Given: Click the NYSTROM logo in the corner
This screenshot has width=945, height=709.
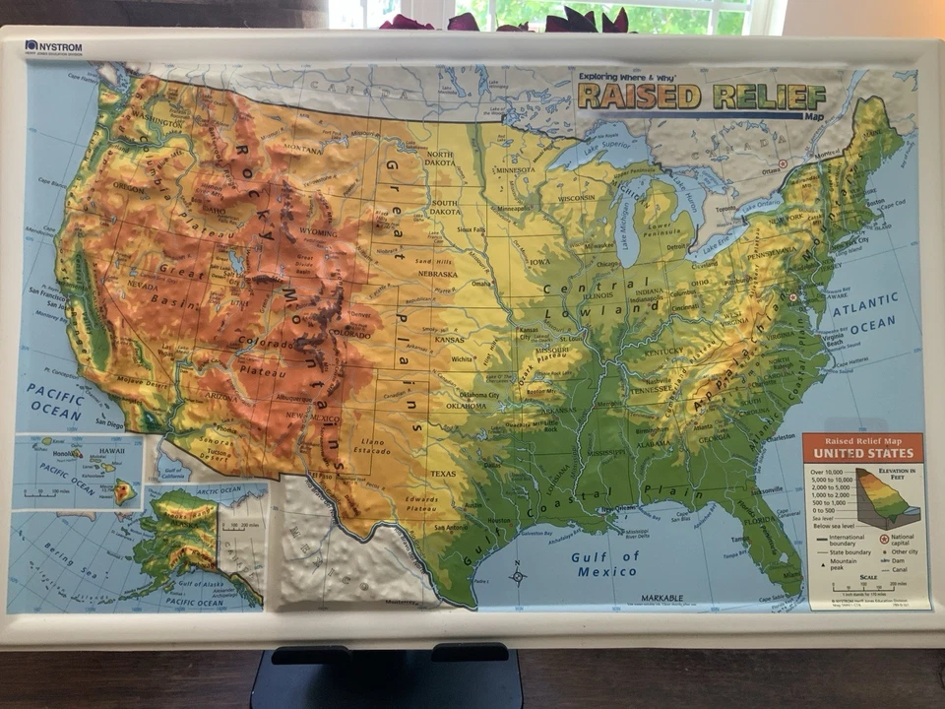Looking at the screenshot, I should coord(53,46).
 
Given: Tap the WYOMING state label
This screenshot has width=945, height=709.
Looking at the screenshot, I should coord(318,232).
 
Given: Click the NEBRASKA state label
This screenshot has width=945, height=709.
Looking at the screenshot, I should coord(437,274).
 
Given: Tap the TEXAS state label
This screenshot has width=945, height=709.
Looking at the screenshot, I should coord(443,474).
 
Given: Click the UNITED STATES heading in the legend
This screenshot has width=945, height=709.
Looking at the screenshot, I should coord(862,454).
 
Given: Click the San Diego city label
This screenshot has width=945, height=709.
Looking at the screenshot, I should coord(108,424).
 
